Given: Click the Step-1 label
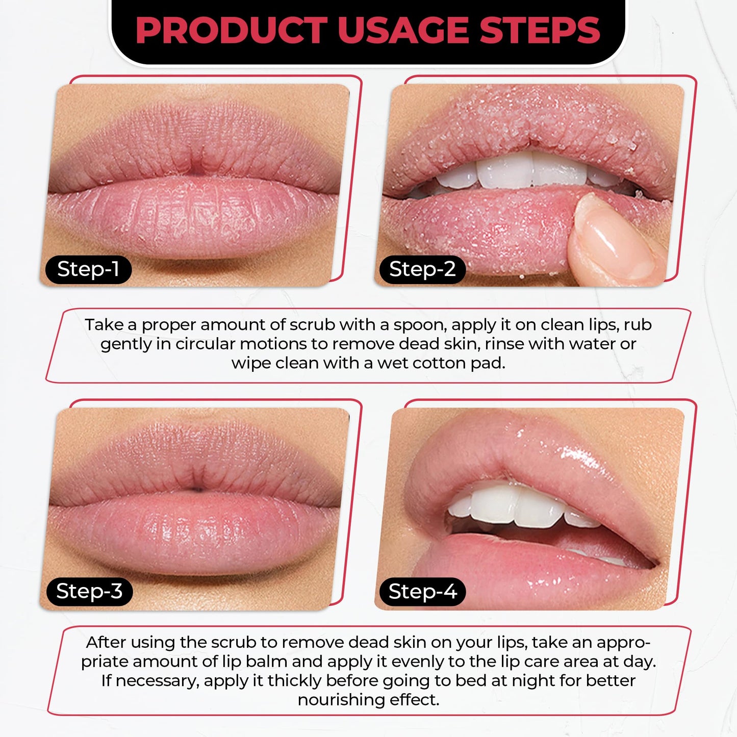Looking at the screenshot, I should click(x=88, y=269).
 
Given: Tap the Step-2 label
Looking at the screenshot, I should click(x=422, y=269).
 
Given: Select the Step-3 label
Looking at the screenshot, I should click(x=89, y=592).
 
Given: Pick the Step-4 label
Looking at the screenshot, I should click(x=422, y=592).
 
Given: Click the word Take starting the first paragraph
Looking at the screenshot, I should click(x=104, y=325).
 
